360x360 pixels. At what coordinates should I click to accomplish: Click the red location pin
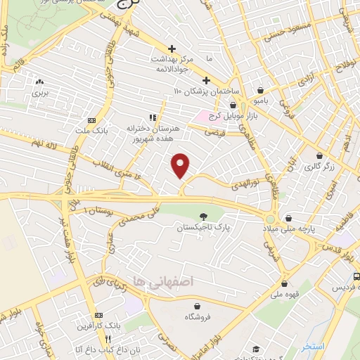click(x=181, y=165)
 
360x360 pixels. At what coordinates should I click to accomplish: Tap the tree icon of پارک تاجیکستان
click(x=203, y=217)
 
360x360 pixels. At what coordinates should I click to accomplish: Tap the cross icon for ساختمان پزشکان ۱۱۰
click(x=207, y=79)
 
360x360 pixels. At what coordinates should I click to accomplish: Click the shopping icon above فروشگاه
click(x=198, y=307)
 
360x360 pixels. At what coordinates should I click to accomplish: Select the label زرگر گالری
click(x=319, y=167)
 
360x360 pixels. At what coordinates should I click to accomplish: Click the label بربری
click(x=39, y=91)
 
